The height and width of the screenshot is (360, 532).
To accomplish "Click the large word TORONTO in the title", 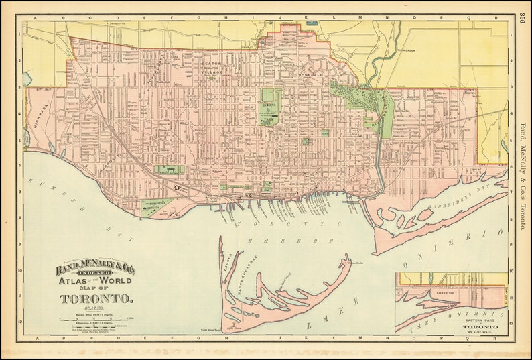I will click(95, 298).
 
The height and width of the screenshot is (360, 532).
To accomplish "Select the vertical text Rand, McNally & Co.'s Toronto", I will click(523, 178).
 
